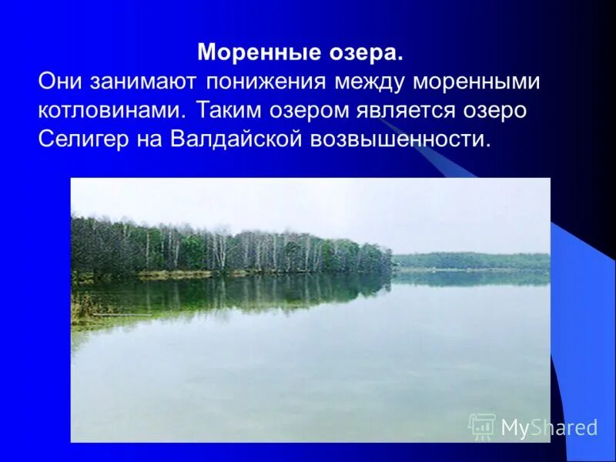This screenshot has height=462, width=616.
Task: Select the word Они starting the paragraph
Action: (x=60, y=82)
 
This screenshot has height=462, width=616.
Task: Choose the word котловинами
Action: (x=111, y=111)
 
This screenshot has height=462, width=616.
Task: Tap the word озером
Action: (x=313, y=111)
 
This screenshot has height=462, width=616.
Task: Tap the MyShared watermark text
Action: (x=549, y=427)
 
